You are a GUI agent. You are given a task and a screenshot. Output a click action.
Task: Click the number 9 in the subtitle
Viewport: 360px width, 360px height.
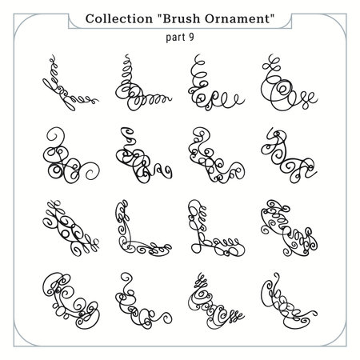click(190, 37)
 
